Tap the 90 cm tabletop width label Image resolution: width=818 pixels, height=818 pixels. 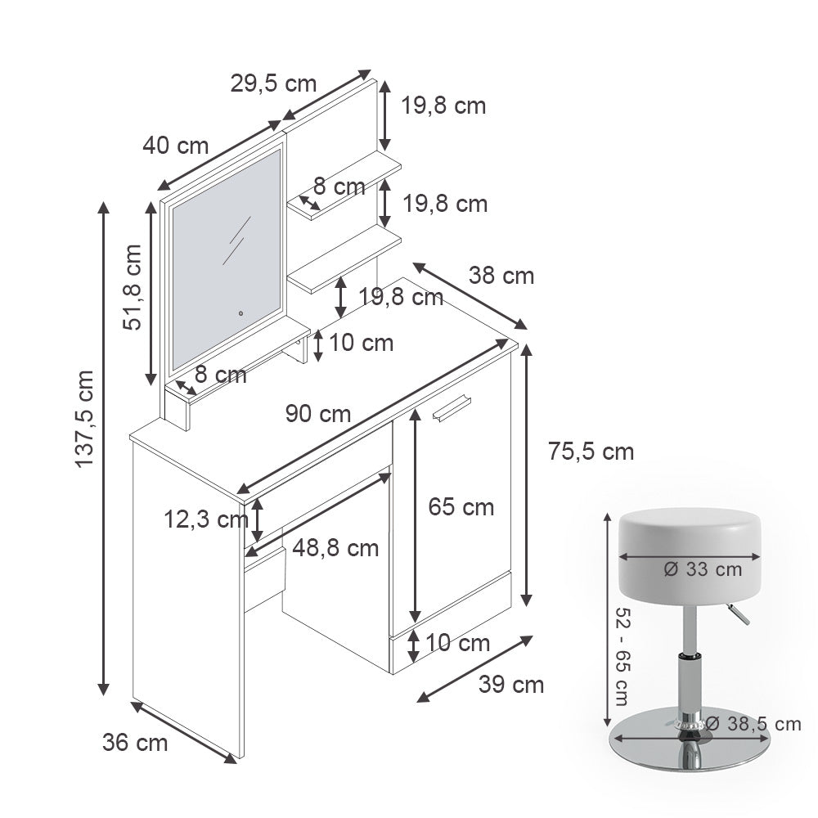pos(318,414)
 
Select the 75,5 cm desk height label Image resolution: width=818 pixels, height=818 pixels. pos(591,451)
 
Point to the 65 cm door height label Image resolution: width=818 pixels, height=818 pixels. pos(461,507)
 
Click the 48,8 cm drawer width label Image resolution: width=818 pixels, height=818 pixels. pos(335,547)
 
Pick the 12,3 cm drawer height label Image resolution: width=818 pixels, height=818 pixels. pos(204,518)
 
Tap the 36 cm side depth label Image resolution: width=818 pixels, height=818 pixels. pos(135,743)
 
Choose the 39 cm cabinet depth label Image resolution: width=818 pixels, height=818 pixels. pos(510,684)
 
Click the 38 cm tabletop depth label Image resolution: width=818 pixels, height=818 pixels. pos(501,276)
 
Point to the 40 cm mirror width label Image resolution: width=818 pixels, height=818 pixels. pos(176,146)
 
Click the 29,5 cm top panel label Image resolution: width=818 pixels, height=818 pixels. pos(273,83)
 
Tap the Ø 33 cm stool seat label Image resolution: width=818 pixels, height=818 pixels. pos(703,569)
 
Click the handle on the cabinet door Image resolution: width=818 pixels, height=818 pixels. pos(452,408)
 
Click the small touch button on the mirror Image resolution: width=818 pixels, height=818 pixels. pos(241,311)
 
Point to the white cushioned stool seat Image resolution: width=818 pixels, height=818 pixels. pos(691,540)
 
